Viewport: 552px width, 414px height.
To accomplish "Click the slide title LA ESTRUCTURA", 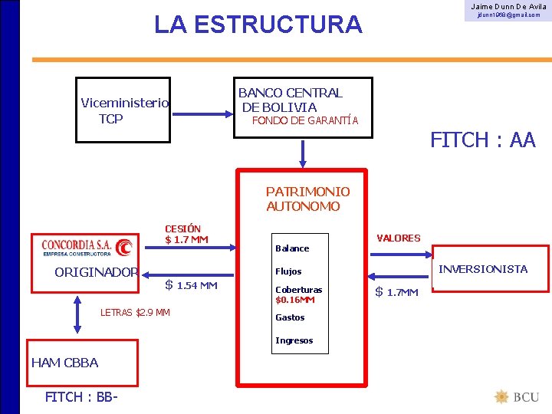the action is coord(258,25).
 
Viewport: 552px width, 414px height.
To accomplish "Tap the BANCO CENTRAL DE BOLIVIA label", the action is coord(291,100).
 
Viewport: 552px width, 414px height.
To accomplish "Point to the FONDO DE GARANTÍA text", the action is coord(304,120).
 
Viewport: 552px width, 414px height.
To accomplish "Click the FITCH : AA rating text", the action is coord(482,140).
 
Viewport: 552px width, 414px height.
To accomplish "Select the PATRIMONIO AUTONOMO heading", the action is coord(307,199).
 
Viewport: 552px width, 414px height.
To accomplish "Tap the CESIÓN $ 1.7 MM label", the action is coord(186,235).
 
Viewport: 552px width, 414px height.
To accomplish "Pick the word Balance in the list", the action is coord(292,248).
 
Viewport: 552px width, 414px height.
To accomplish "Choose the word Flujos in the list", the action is coord(288,271).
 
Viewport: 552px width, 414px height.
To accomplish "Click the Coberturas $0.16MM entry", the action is coord(298,294).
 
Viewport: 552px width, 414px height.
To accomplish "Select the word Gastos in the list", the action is coord(290,317).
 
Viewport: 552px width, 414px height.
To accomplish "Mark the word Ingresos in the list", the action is coord(294,340).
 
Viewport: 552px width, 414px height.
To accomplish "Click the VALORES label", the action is coord(399,238).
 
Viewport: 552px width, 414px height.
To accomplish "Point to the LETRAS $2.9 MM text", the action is coord(135,312).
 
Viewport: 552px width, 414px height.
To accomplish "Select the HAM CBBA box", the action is coord(82,363).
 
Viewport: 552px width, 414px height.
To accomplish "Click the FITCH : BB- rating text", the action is coord(80,397).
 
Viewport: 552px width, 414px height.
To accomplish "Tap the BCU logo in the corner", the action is coord(517,397).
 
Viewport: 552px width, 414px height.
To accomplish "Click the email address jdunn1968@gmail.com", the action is coord(508,15).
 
